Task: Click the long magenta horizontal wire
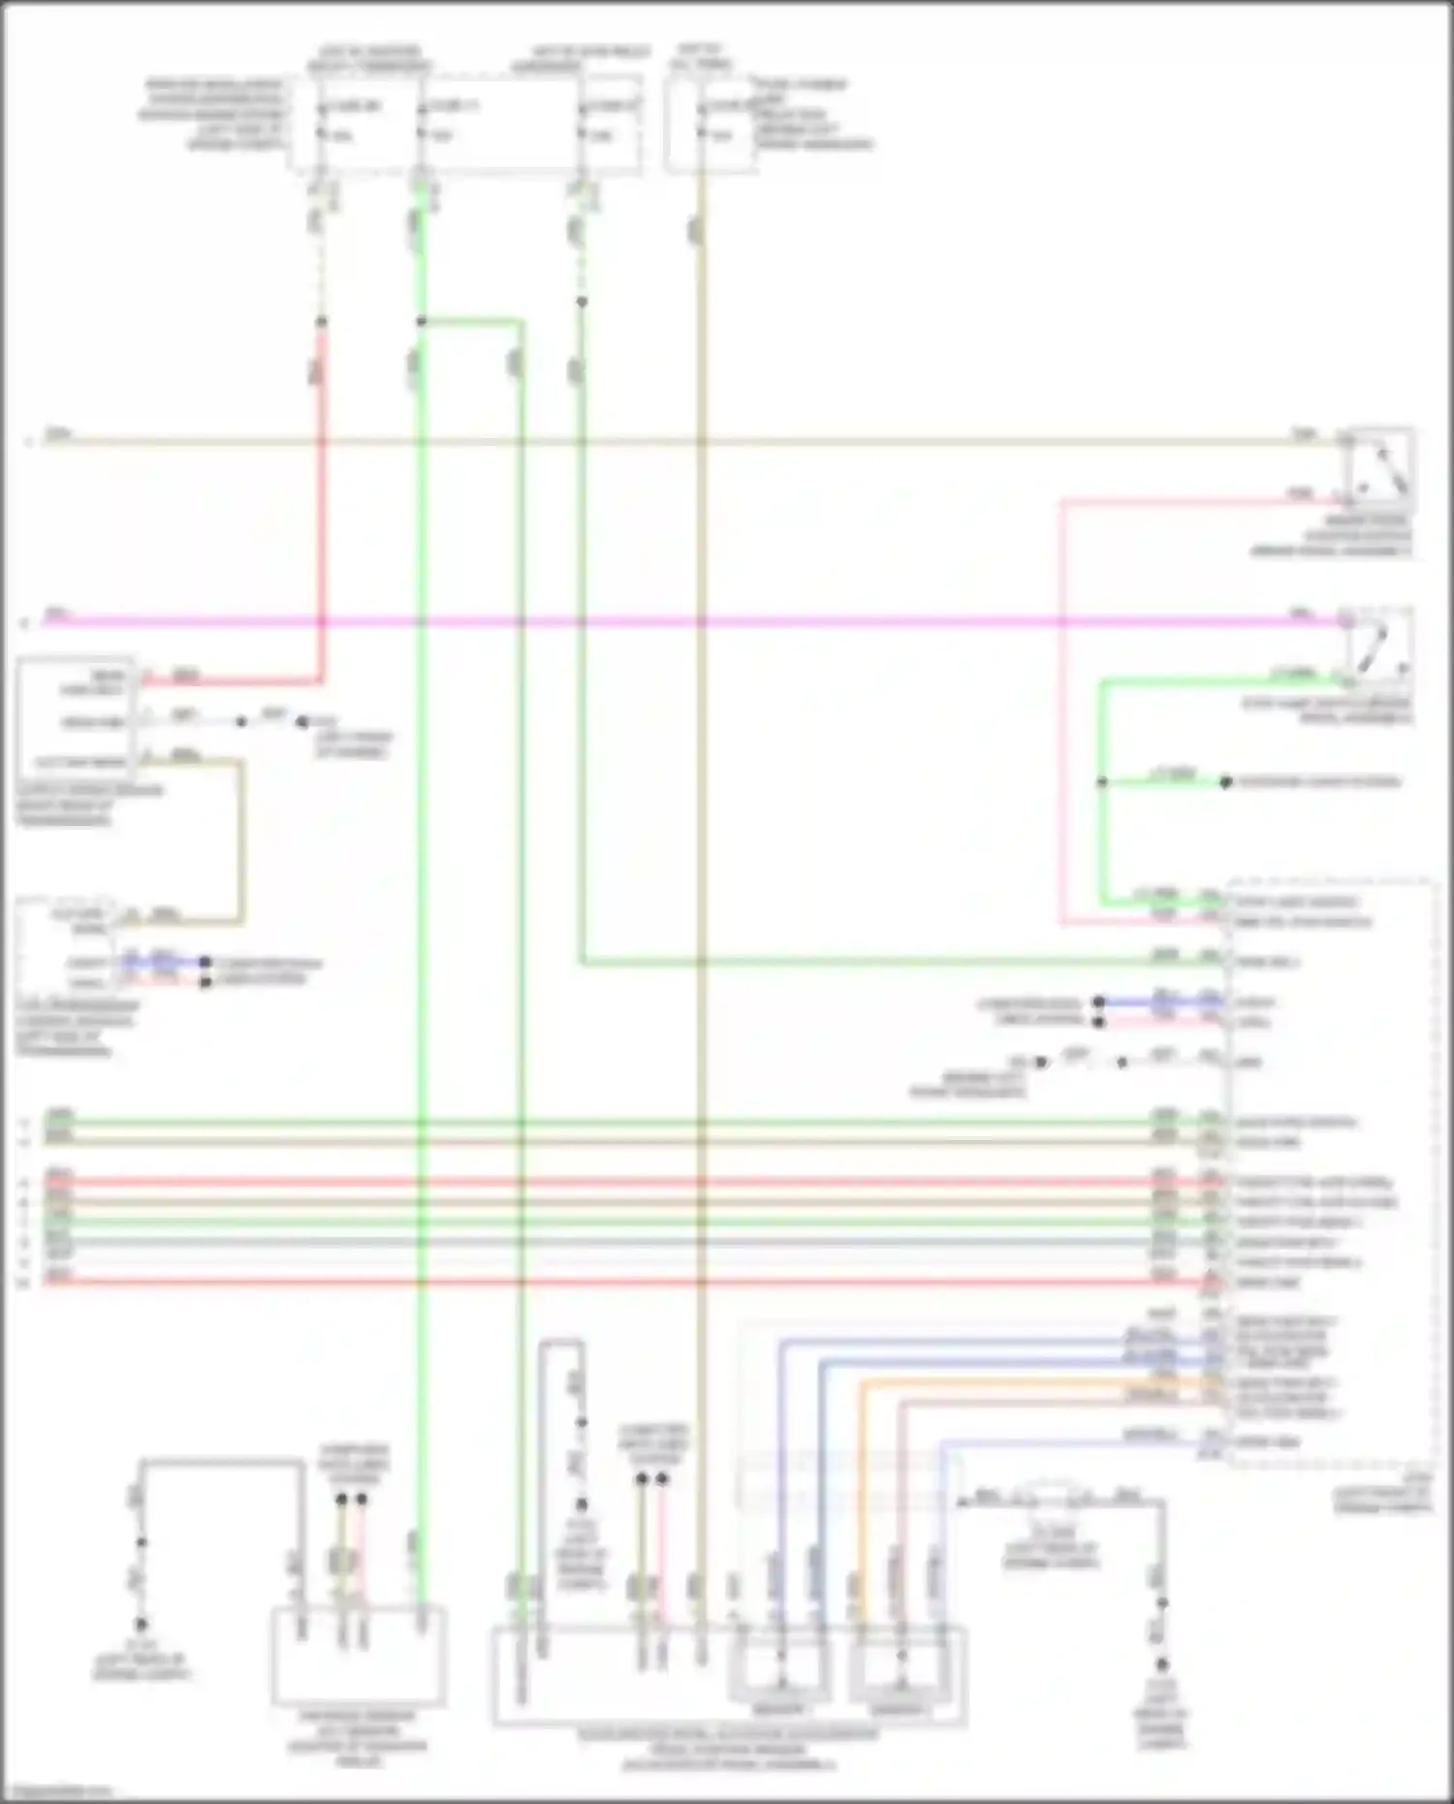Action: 679,620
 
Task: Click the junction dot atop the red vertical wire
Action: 321,321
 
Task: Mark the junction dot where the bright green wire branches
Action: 421,321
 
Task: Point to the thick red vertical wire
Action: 321,504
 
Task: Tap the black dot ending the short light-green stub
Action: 1225,781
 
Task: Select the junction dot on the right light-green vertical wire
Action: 1102,781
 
